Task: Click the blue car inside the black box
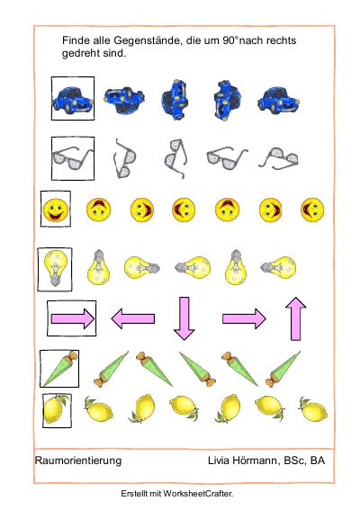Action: (73, 100)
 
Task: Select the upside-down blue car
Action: (124, 100)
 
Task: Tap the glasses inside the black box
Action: (73, 158)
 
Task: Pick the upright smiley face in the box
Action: (56, 210)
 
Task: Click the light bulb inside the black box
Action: (56, 268)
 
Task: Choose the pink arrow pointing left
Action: (133, 318)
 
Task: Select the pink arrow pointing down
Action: (184, 318)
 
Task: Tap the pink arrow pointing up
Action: (295, 318)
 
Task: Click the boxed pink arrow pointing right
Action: (73, 318)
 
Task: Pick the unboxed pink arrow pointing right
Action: (244, 318)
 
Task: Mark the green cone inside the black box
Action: (60, 369)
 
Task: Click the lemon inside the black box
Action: (57, 409)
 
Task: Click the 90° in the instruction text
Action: (230, 40)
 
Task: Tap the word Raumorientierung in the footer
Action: (78, 461)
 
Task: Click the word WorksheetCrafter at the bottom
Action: (198, 494)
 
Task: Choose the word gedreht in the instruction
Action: (81, 53)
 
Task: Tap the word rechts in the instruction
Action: (281, 40)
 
